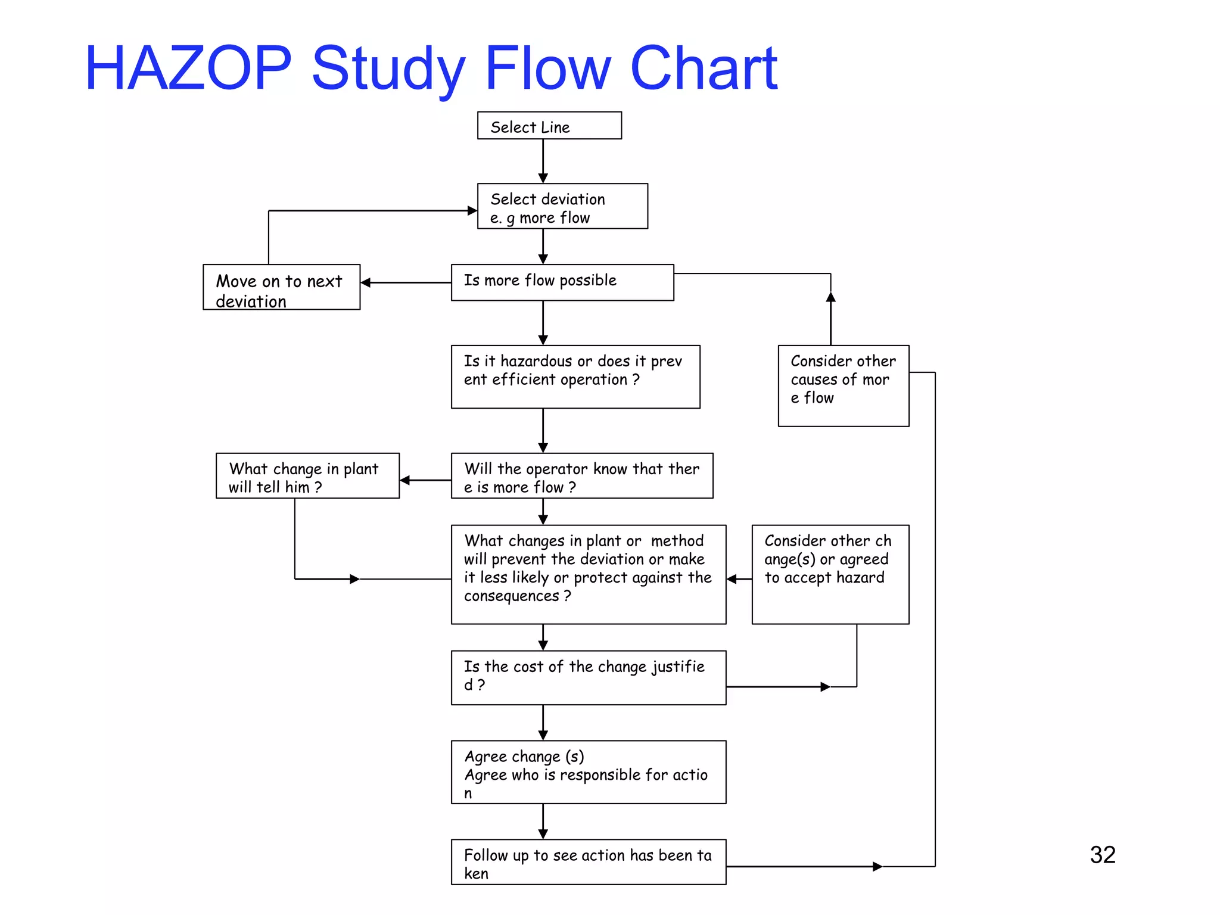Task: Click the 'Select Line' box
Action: tap(549, 126)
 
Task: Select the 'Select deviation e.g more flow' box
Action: tap(562, 206)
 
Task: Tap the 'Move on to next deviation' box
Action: tap(281, 287)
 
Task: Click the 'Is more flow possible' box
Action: tap(562, 282)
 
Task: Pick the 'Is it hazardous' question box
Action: tap(575, 376)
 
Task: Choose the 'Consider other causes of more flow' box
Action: tap(843, 385)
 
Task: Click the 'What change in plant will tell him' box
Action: tap(307, 475)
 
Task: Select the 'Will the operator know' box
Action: tap(581, 475)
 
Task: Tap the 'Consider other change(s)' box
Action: tap(830, 574)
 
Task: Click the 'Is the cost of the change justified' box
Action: tap(588, 677)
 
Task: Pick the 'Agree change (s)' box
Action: tap(588, 772)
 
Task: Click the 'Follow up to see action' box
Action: tap(588, 862)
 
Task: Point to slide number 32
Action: tap(1103, 855)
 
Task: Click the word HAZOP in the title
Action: tap(188, 69)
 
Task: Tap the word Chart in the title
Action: tap(704, 69)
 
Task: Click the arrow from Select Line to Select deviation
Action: tap(543, 161)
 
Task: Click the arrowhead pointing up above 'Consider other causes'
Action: tap(830, 297)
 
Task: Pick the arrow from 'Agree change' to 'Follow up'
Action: tap(543, 821)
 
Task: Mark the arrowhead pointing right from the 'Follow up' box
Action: tap(877, 866)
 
